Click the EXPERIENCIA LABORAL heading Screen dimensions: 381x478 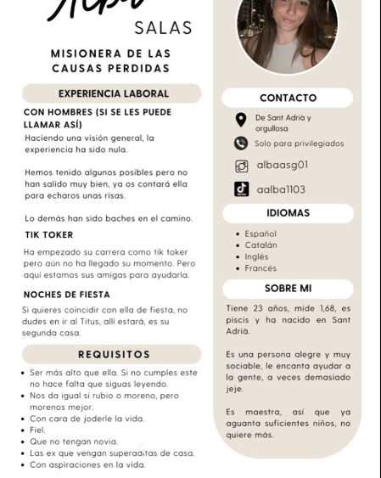click(x=113, y=93)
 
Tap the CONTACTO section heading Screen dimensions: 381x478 click(x=288, y=98)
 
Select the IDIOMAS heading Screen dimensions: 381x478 click(x=288, y=213)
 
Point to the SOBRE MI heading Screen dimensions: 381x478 click(x=288, y=289)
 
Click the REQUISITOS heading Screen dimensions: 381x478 click(x=114, y=354)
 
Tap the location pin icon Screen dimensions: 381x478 click(x=241, y=121)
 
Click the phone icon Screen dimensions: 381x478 click(x=241, y=143)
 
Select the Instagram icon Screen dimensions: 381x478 click(x=241, y=166)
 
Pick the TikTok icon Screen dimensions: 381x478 click(x=241, y=189)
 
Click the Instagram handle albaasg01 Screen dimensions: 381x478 click(x=282, y=166)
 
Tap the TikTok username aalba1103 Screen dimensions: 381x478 click(x=281, y=189)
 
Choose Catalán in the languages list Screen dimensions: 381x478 click(x=261, y=245)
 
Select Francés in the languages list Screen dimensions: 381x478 click(x=261, y=268)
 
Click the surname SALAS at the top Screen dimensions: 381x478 click(x=164, y=27)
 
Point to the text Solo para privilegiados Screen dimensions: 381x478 click(x=300, y=143)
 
